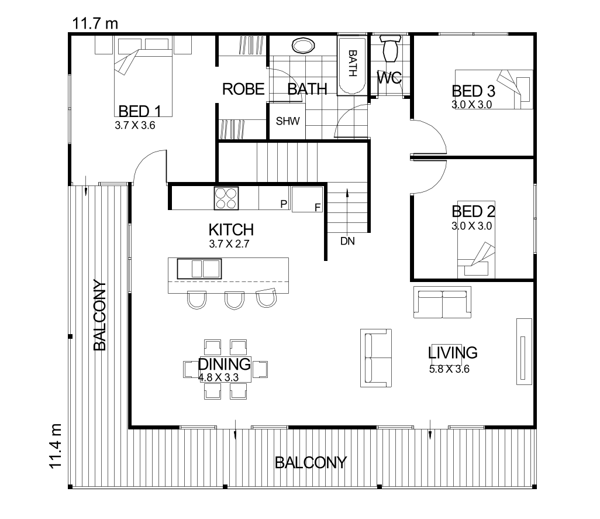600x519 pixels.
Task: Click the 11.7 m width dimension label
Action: click(x=95, y=23)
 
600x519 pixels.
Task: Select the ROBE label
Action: click(x=244, y=90)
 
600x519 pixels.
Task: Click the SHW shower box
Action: click(x=287, y=122)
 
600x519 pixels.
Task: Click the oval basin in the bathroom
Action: click(x=303, y=45)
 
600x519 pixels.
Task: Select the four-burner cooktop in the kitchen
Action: click(x=226, y=198)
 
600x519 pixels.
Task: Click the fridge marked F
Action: click(x=308, y=199)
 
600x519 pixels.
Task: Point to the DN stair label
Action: click(x=347, y=240)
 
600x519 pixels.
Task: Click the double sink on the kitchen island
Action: click(x=199, y=269)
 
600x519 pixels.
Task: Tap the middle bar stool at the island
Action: click(x=234, y=300)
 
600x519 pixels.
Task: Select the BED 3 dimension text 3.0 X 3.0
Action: click(x=471, y=105)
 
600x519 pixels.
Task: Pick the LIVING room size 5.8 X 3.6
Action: click(x=449, y=369)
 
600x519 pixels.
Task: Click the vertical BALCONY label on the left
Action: click(x=99, y=316)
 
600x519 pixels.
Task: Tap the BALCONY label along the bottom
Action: click(x=311, y=463)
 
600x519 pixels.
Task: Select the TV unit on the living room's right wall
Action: click(x=523, y=351)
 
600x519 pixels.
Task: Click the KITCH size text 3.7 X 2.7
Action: click(x=229, y=245)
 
